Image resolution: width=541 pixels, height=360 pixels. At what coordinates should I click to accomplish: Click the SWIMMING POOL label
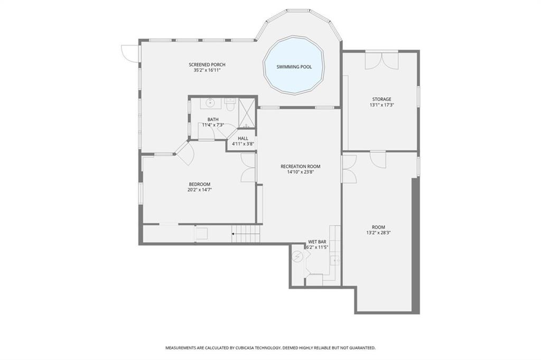tap(294, 67)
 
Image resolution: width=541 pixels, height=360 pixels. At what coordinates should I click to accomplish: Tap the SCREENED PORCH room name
tap(207, 64)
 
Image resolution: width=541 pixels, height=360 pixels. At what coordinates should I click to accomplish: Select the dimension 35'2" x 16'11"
tap(207, 70)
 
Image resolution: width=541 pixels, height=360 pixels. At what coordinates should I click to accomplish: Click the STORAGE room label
tap(381, 99)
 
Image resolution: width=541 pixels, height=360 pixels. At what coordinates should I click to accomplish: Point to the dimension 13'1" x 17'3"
tap(381, 105)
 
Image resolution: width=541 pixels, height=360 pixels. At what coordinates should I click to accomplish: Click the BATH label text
tap(213, 120)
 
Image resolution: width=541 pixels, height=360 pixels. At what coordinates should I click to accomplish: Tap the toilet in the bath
tap(230, 105)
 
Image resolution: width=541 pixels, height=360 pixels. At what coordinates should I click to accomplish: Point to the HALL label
tap(243, 139)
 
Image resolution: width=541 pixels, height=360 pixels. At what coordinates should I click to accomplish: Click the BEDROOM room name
tap(199, 184)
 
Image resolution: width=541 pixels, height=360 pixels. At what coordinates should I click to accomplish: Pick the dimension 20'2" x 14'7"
tap(199, 190)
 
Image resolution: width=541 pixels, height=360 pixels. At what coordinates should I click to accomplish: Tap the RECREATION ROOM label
tap(301, 167)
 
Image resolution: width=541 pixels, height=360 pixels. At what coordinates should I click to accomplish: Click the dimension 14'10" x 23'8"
tap(301, 172)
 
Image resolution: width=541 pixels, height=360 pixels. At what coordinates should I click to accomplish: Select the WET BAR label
tap(317, 242)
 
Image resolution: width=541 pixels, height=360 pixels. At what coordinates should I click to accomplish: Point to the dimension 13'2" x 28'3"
tap(378, 233)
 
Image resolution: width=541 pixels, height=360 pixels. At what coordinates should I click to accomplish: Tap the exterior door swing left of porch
tap(129, 53)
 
